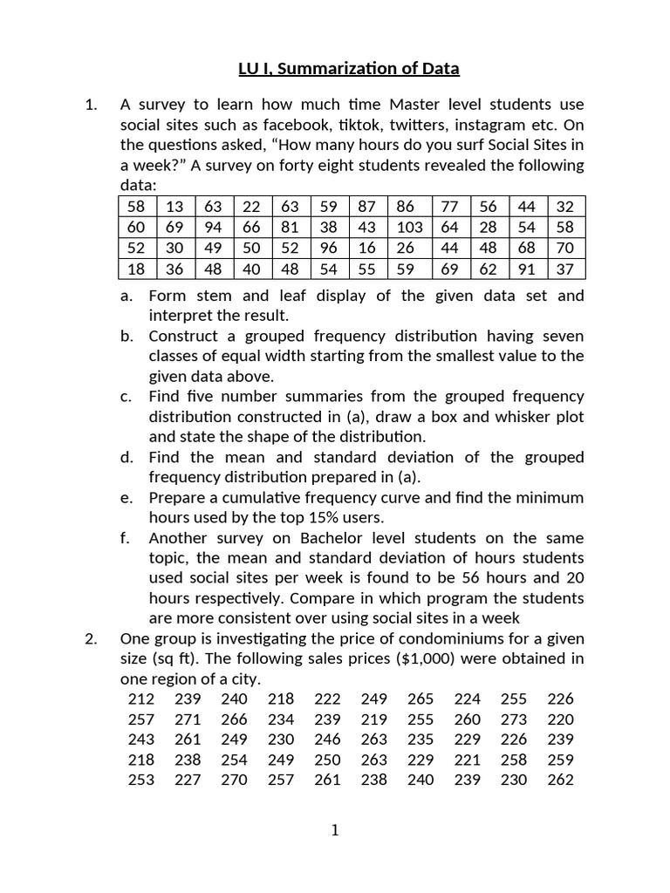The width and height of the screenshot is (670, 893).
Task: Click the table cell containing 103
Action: pyautogui.click(x=409, y=227)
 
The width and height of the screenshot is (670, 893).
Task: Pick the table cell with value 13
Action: pyautogui.click(x=174, y=207)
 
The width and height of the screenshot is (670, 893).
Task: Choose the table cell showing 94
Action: pyautogui.click(x=214, y=227)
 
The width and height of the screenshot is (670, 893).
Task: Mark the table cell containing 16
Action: pyautogui.click(x=367, y=248)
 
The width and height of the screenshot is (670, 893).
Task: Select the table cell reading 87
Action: pyautogui.click(x=367, y=207)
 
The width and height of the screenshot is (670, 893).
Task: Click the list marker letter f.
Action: pyautogui.click(x=126, y=538)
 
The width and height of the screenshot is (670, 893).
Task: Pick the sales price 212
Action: pyautogui.click(x=140, y=699)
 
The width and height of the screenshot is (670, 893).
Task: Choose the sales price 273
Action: pyautogui.click(x=514, y=719)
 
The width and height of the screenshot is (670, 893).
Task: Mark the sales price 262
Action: pyautogui.click(x=561, y=780)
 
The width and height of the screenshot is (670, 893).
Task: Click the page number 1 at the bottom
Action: pyautogui.click(x=335, y=831)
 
